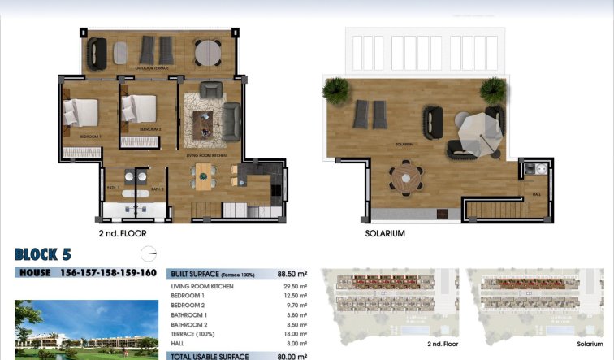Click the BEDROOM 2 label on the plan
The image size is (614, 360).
(x=150, y=129)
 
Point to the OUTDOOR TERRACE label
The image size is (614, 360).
(x=153, y=68)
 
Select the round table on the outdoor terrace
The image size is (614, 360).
(x=207, y=52)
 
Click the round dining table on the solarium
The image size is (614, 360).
(x=404, y=176)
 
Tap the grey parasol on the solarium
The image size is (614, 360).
(x=473, y=130)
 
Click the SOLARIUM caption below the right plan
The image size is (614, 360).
(x=385, y=233)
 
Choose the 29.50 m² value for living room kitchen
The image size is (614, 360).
(x=295, y=287)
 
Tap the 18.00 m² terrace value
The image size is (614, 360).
(x=295, y=334)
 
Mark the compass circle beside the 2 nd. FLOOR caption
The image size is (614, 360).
(x=147, y=253)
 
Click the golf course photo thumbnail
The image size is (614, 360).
(x=86, y=330)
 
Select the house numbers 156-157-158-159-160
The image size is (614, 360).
(x=108, y=273)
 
